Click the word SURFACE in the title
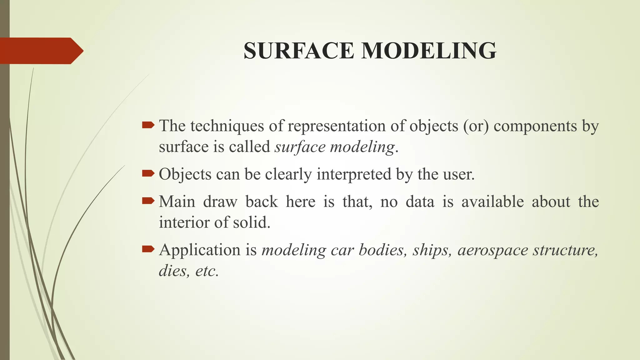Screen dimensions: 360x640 tap(298, 51)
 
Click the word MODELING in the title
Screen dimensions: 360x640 tap(429, 51)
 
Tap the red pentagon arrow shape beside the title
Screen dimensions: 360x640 tap(41, 51)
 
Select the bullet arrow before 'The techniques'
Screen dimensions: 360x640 tap(148, 126)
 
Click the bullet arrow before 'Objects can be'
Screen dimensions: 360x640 tap(148, 173)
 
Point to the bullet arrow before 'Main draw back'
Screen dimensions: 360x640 tap(148, 201)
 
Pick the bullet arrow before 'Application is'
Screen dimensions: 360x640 tap(148, 249)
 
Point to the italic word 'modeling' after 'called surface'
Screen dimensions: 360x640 tap(362, 147)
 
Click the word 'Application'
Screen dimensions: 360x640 tap(200, 250)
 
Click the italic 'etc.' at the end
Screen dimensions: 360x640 tap(207, 271)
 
